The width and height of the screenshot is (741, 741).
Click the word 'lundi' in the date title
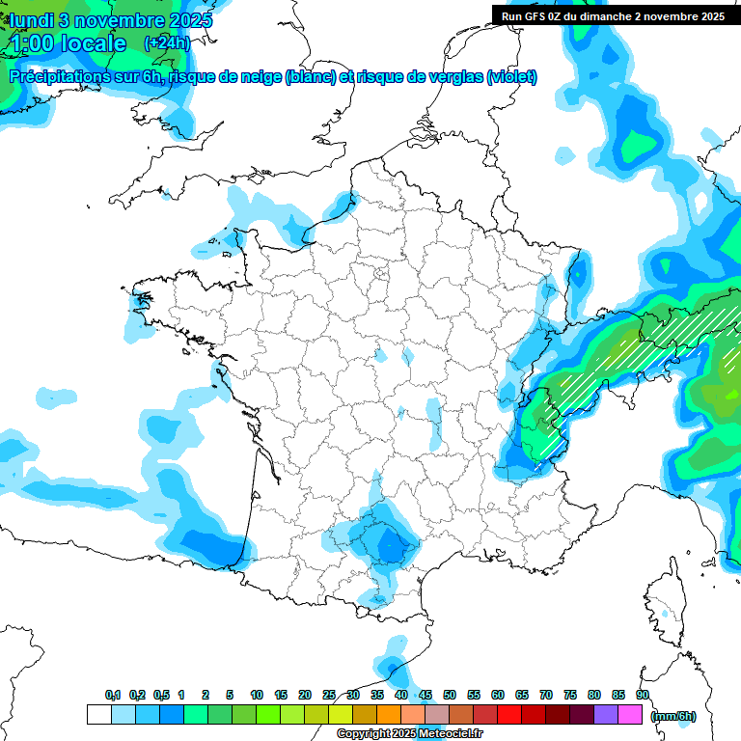pyautogui.click(x=37, y=19)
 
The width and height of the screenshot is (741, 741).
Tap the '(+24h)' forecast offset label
pyautogui.click(x=167, y=42)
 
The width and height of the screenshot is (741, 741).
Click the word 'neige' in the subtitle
pyautogui.click(x=258, y=77)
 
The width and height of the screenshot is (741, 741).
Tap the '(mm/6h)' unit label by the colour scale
pyautogui.click(x=672, y=715)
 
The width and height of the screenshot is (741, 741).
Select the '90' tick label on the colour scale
pyautogui.click(x=643, y=695)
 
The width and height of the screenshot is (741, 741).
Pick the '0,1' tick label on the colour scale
pyautogui.click(x=112, y=695)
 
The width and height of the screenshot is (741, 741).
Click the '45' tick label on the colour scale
pyautogui.click(x=425, y=695)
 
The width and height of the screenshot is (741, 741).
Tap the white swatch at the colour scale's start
pyautogui.click(x=98, y=715)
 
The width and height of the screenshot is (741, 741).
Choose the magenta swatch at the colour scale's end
pyautogui.click(x=630, y=715)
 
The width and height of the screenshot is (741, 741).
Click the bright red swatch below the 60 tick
pyautogui.click(x=509, y=715)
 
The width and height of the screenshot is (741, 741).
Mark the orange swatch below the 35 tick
pyautogui.click(x=389, y=715)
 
